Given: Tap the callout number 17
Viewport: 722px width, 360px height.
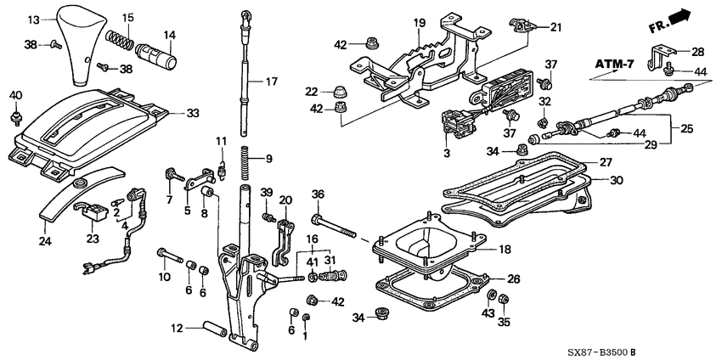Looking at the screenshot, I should [x=271, y=82].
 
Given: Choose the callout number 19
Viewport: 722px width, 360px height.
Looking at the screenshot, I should [x=418, y=21].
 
